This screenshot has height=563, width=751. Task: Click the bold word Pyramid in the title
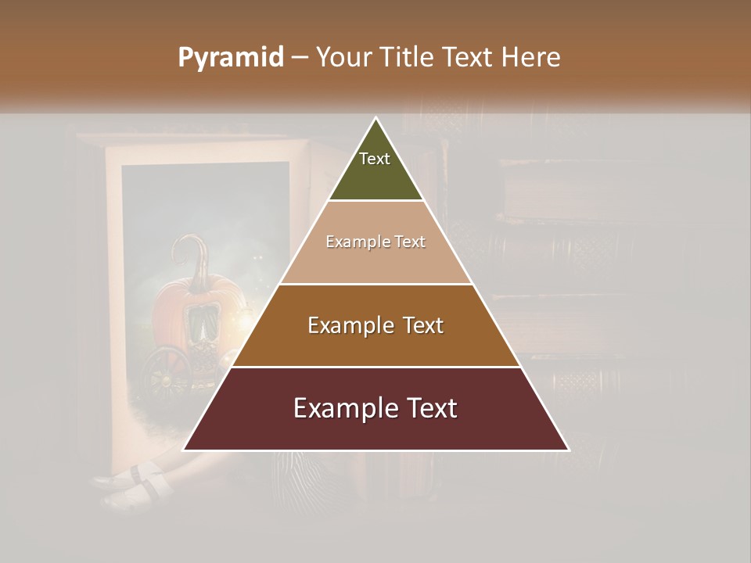click(x=231, y=58)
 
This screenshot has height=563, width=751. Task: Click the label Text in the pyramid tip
click(x=375, y=159)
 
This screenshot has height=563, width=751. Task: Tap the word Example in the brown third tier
click(x=348, y=325)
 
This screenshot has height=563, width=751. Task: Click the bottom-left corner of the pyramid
click(x=185, y=449)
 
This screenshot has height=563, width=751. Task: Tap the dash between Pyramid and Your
click(x=299, y=58)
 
